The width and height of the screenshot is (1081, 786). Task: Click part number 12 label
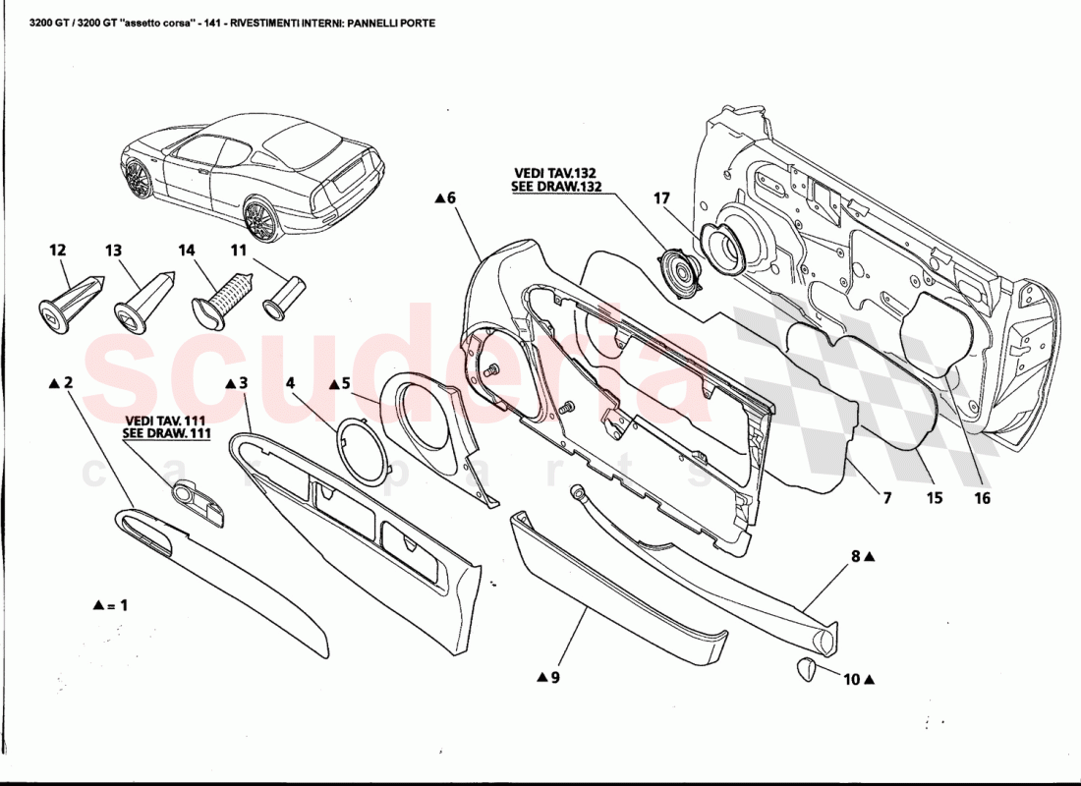(56, 251)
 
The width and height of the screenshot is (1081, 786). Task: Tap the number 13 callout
(113, 251)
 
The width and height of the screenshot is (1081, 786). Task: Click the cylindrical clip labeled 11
(284, 297)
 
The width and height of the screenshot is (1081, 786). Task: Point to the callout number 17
(661, 197)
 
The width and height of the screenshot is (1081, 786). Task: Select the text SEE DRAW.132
(556, 186)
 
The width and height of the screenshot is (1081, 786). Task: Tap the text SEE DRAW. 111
(167, 432)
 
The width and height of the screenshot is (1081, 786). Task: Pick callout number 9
(554, 677)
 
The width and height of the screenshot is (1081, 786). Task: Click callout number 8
(856, 556)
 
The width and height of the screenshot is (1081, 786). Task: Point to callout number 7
(886, 498)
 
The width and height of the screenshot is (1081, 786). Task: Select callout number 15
(934, 498)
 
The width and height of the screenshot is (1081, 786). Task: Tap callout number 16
(982, 498)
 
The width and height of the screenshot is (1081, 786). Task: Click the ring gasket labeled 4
(360, 449)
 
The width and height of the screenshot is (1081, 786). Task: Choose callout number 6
(451, 197)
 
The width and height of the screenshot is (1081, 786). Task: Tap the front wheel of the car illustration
(139, 180)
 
